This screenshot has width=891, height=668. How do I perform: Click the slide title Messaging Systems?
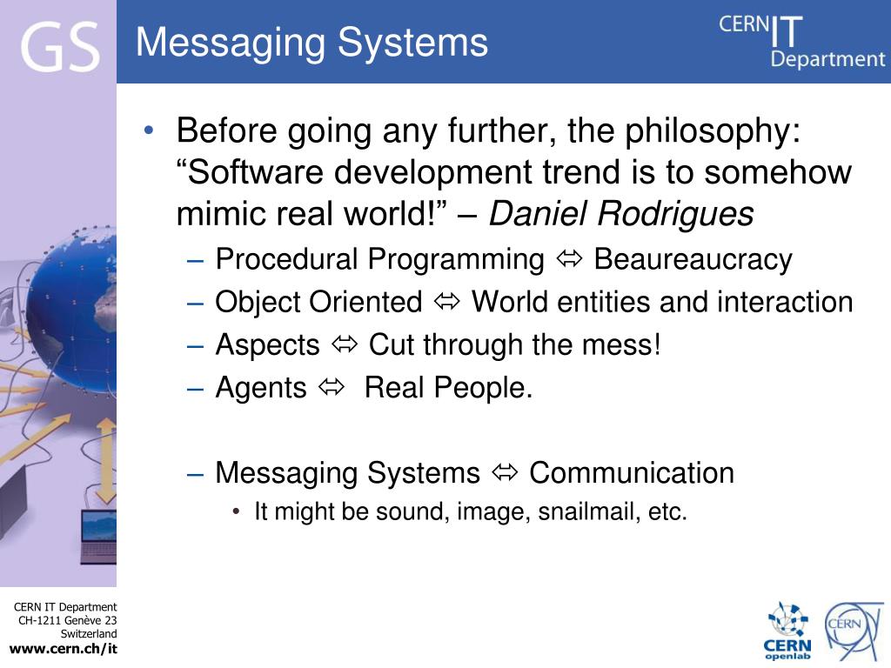click(x=312, y=42)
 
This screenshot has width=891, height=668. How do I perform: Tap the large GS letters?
click(x=59, y=47)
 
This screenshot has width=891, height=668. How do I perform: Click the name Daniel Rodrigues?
click(x=620, y=214)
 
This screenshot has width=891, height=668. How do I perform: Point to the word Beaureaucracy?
click(x=693, y=259)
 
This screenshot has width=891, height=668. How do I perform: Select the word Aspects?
click(x=267, y=345)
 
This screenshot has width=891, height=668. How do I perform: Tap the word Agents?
click(x=261, y=388)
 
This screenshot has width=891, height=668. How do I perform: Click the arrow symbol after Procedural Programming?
click(x=569, y=259)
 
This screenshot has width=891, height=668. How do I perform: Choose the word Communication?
click(x=631, y=473)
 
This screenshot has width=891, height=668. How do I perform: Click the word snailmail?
click(x=589, y=512)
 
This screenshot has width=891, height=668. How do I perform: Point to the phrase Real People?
click(x=447, y=388)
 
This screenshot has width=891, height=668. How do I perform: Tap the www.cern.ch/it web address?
click(x=63, y=649)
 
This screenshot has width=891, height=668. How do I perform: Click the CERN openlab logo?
click(x=787, y=631)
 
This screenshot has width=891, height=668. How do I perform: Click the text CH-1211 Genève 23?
click(x=68, y=620)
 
